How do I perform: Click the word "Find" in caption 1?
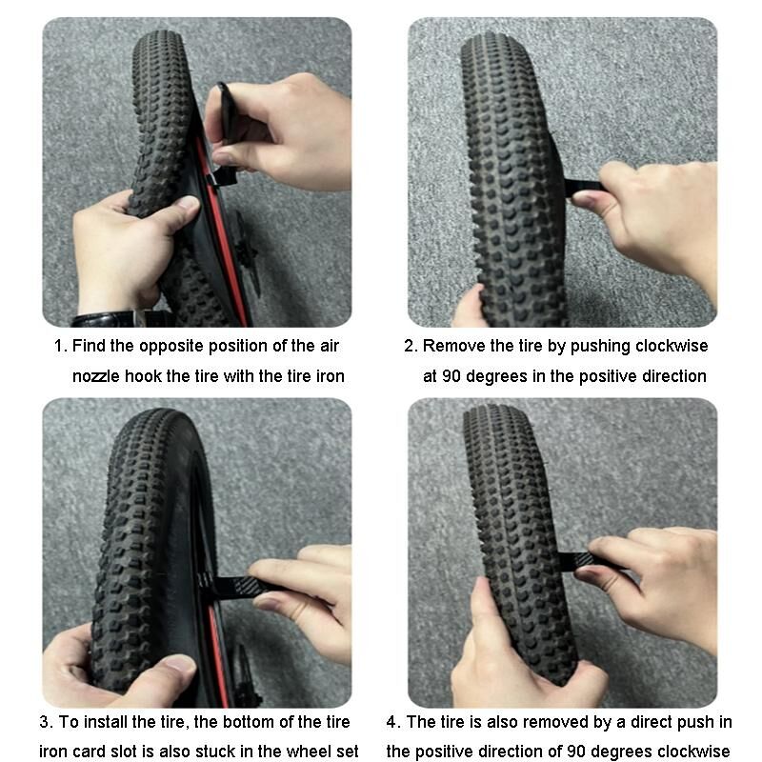(89, 346)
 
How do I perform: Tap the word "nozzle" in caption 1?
(96, 376)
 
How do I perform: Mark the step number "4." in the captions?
(393, 722)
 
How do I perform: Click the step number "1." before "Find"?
(60, 346)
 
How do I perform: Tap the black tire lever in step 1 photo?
(225, 136)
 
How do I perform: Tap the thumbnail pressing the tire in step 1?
(188, 203)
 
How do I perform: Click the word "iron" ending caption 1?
(331, 376)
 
